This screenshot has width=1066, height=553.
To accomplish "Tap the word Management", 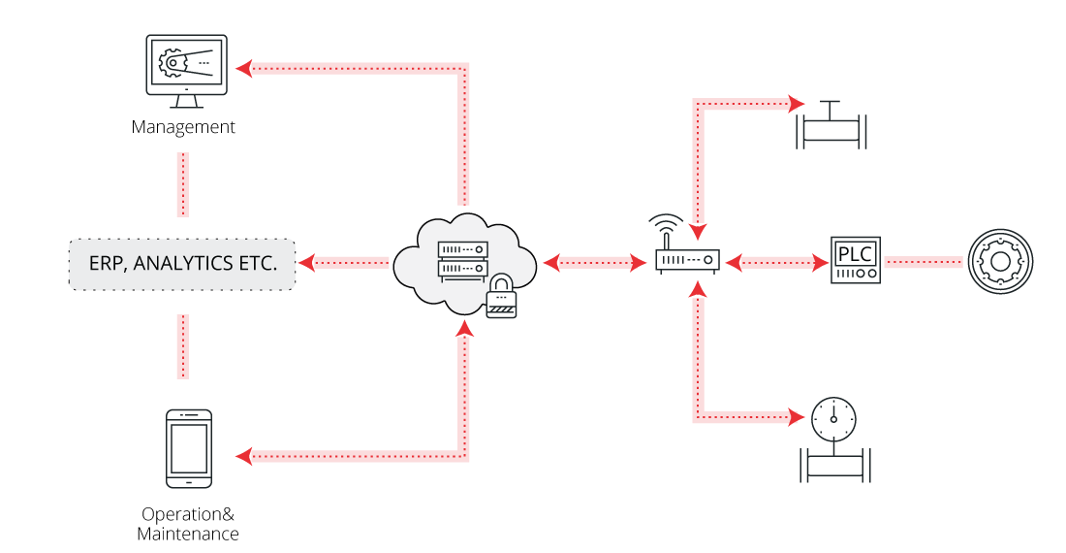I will click(x=183, y=127).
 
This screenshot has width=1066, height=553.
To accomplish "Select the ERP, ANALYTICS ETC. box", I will click(x=181, y=262).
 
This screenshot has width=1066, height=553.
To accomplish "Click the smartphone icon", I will click(x=189, y=448).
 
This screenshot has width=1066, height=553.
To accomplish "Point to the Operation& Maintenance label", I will click(x=188, y=524).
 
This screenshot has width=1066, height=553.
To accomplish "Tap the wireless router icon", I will click(x=687, y=261).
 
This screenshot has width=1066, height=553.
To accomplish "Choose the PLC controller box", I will click(x=856, y=260).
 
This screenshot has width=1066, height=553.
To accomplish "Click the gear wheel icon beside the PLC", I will click(x=1001, y=260).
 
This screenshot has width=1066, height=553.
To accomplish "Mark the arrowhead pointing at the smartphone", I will click(x=244, y=456).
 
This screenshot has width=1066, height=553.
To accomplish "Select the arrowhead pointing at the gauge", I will click(x=797, y=418).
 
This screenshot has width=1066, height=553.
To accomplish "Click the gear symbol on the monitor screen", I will click(x=172, y=64).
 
